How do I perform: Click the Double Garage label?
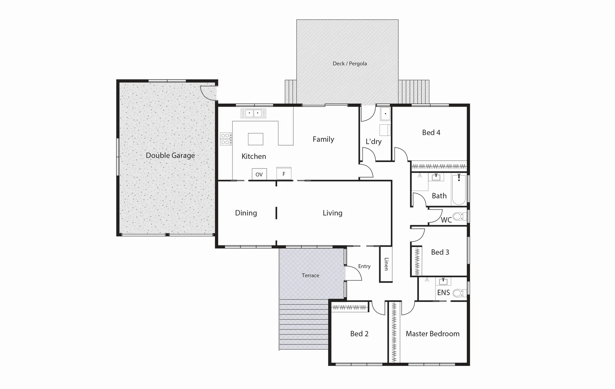170,155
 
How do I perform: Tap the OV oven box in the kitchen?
259,174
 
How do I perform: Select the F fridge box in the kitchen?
284,174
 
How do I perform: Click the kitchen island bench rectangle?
255,139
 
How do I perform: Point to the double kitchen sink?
253,113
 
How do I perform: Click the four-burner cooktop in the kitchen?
226,139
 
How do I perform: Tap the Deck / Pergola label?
349,63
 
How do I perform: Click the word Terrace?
310,275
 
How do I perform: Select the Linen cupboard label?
386,264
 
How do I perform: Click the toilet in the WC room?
458,216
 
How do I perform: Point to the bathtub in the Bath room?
459,189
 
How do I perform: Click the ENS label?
443,292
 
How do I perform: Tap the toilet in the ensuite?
458,293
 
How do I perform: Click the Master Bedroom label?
432,334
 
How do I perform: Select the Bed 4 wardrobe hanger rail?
439,166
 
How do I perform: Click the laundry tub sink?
385,114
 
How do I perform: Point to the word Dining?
246,213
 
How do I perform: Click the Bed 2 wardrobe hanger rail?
349,307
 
